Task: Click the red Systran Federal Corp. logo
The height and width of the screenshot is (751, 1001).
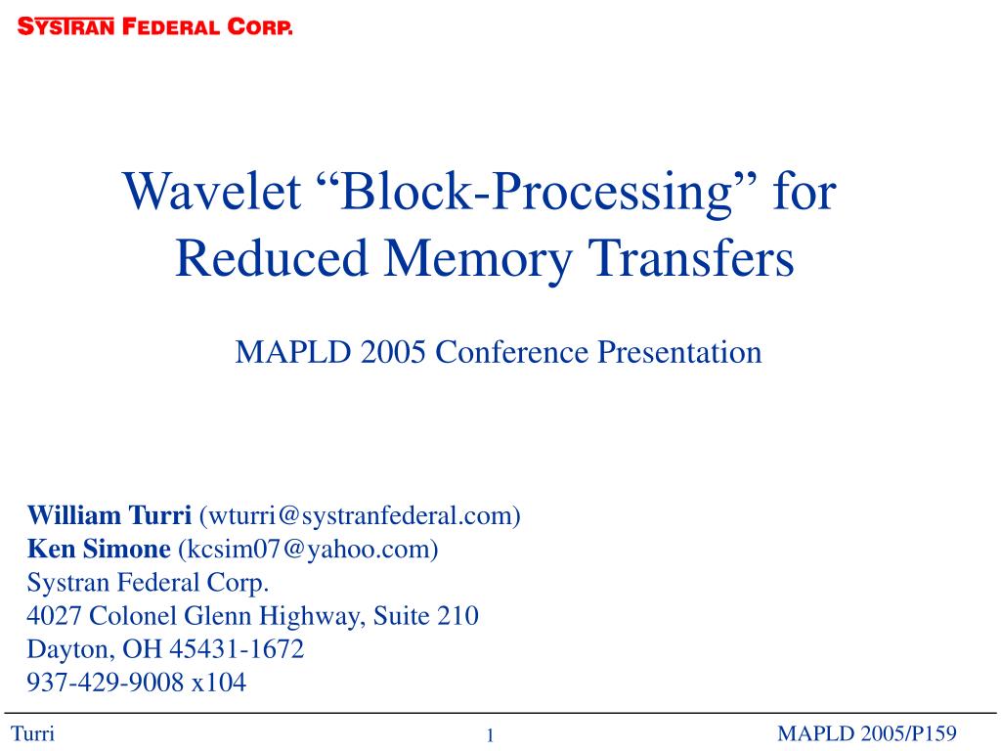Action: [x=155, y=26]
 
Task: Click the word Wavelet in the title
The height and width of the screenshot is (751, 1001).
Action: [x=212, y=191]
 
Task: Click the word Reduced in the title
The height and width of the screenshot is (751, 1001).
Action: [x=272, y=257]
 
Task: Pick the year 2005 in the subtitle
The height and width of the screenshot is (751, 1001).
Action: [x=393, y=352]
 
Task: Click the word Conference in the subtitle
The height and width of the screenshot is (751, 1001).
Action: [x=512, y=352]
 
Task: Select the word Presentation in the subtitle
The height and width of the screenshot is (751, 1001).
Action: [x=679, y=352]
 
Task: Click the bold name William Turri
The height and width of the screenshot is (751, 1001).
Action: [x=109, y=515]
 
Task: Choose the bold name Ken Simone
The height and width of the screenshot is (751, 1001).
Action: [x=99, y=549]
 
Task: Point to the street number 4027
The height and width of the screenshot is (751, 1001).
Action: [x=54, y=616]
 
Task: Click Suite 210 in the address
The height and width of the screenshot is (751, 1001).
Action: [x=426, y=616]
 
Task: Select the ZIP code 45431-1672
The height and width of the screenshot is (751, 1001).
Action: [x=237, y=649]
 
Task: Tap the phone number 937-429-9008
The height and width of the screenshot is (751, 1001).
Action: [x=106, y=682]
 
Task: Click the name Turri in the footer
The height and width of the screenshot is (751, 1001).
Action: [x=32, y=733]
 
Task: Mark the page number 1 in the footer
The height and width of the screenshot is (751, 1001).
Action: [x=491, y=735]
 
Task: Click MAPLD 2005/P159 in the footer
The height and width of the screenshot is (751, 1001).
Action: [x=867, y=733]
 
